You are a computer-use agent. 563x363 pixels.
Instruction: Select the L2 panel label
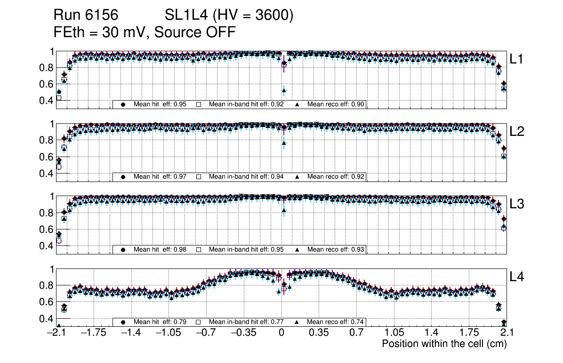[x=517, y=132]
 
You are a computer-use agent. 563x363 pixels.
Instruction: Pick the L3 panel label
[x=517, y=205]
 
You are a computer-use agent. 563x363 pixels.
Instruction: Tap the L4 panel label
[x=517, y=277]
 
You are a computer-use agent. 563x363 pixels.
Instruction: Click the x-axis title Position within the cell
[x=444, y=344]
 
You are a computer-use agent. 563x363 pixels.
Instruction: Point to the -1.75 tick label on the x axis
[x=93, y=333]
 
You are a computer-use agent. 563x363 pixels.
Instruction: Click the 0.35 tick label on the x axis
[x=319, y=333]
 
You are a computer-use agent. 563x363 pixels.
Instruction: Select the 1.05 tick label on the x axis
[x=394, y=333]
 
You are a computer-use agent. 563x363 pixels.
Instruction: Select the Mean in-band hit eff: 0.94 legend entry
[x=246, y=177]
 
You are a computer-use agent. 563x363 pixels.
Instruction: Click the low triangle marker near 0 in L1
[x=284, y=90]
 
